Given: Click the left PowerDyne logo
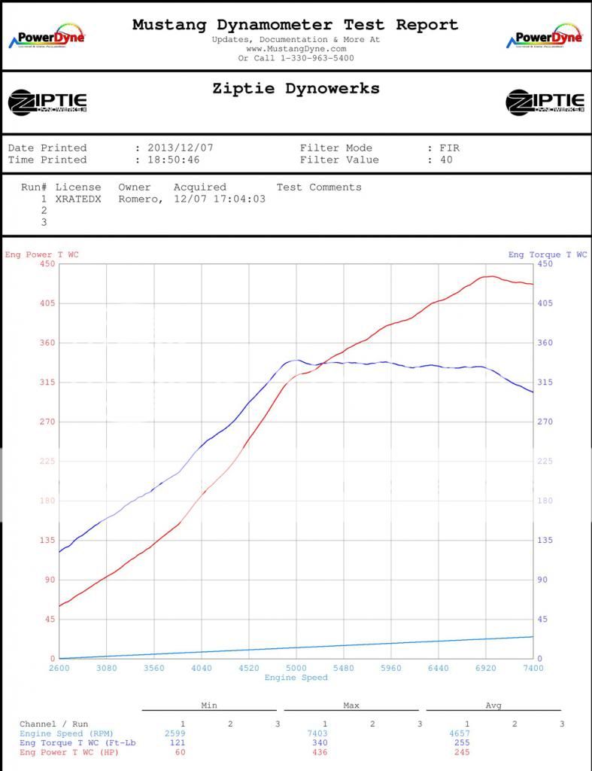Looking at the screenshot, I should pyautogui.click(x=47, y=38).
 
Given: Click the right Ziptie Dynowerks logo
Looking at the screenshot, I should pyautogui.click(x=545, y=102).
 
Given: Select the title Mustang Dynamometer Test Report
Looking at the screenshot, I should pyautogui.click(x=295, y=25).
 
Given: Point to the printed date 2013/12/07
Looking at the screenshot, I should pyautogui.click(x=175, y=148).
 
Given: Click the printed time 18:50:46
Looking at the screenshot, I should pyautogui.click(x=175, y=160).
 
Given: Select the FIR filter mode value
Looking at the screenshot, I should pyautogui.click(x=449, y=148).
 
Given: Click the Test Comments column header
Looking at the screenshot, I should pyautogui.click(x=319, y=187).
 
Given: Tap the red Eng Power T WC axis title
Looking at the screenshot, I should pyautogui.click(x=42, y=254).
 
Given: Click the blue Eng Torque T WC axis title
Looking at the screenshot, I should pyautogui.click(x=548, y=254).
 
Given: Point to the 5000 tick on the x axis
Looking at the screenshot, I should pyautogui.click(x=296, y=668).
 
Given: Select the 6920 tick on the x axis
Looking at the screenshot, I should pyautogui.click(x=486, y=668).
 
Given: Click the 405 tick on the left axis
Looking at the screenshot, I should pyautogui.click(x=47, y=303).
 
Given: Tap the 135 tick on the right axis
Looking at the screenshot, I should pyautogui.click(x=545, y=541).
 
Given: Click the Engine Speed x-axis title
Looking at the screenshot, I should pyautogui.click(x=296, y=678).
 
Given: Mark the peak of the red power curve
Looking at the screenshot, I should pyautogui.click(x=489, y=276).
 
